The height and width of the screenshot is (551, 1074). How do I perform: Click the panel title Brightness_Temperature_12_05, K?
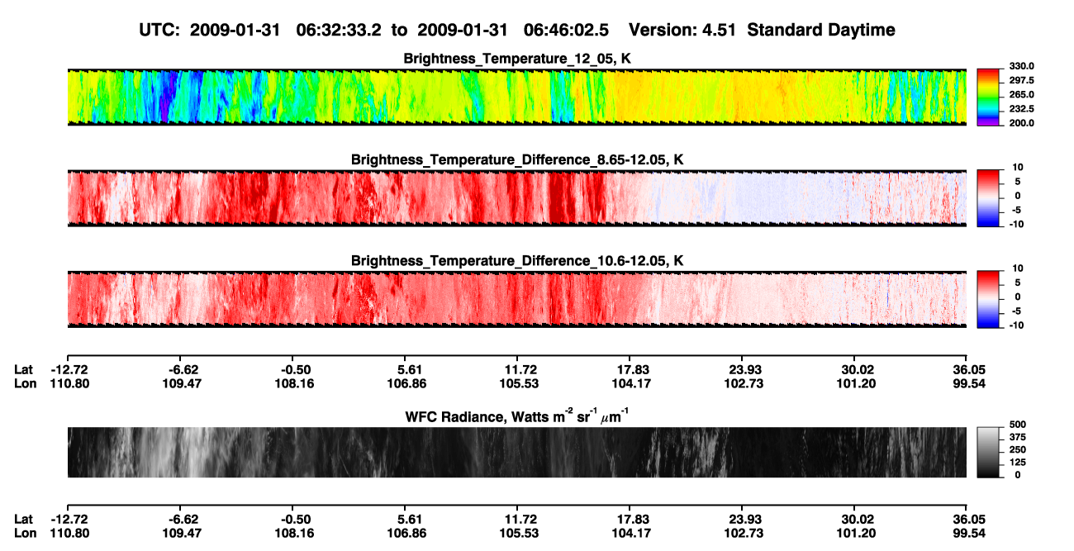click(x=517, y=59)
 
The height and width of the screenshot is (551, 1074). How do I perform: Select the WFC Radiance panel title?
click(x=517, y=416)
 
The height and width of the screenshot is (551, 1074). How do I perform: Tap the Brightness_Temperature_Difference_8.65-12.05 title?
click(x=517, y=159)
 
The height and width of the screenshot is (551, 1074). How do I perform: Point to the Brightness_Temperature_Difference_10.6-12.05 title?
click(x=517, y=261)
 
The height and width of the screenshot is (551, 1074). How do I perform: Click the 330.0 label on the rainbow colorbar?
click(x=1021, y=66)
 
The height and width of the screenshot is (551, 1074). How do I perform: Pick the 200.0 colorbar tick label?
click(x=1021, y=123)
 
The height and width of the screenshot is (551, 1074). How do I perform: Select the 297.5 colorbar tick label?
click(x=1021, y=81)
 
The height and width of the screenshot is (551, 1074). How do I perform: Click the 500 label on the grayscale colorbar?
click(x=1018, y=425)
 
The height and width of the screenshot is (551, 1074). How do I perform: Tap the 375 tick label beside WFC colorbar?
click(x=1018, y=437)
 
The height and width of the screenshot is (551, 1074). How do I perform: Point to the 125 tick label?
click(x=1018, y=463)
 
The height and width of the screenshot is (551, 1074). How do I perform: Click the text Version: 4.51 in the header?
click(x=682, y=30)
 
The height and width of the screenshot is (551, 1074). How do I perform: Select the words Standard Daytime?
click(x=821, y=30)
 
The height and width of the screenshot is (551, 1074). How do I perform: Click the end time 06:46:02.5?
click(x=566, y=30)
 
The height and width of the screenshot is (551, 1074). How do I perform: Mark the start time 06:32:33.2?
click(x=339, y=30)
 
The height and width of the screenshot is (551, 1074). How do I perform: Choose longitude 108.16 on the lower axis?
click(x=294, y=534)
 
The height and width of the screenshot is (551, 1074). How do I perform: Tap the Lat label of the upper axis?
click(x=23, y=370)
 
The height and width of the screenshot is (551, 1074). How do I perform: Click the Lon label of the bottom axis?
click(x=26, y=534)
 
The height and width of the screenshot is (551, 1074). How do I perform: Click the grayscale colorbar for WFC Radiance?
click(x=988, y=452)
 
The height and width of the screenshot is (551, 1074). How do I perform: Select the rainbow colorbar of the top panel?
click(x=988, y=97)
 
